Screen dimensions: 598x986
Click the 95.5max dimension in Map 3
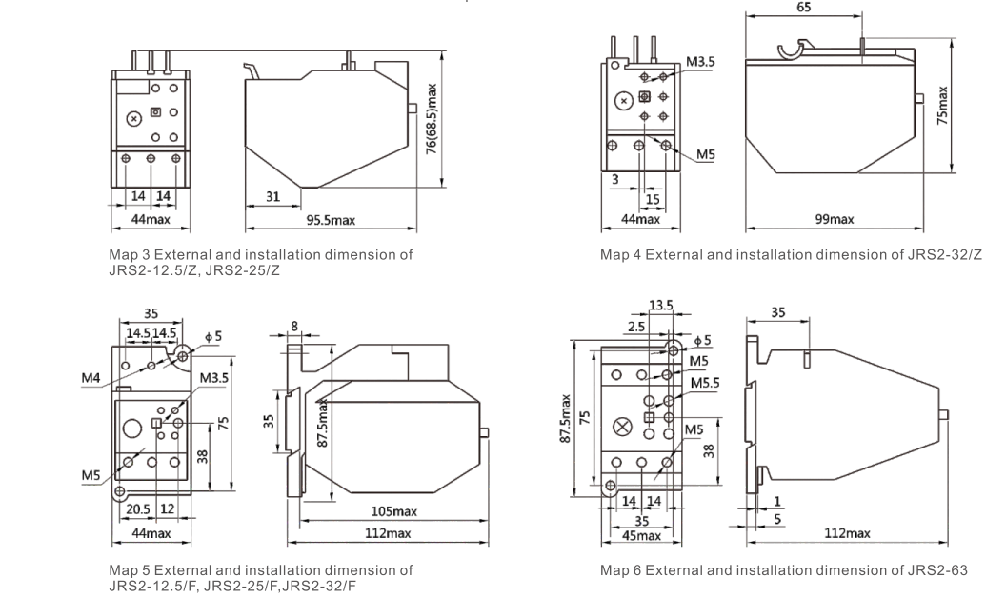coord(330,221)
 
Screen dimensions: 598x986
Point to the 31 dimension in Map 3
coord(272,197)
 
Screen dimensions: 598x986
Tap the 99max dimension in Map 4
coord(835,219)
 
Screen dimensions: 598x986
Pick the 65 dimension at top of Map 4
coord(803,6)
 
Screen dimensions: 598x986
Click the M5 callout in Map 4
coord(706,154)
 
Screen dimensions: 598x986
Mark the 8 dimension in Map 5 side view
coord(294,326)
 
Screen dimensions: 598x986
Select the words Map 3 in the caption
coord(131,255)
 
